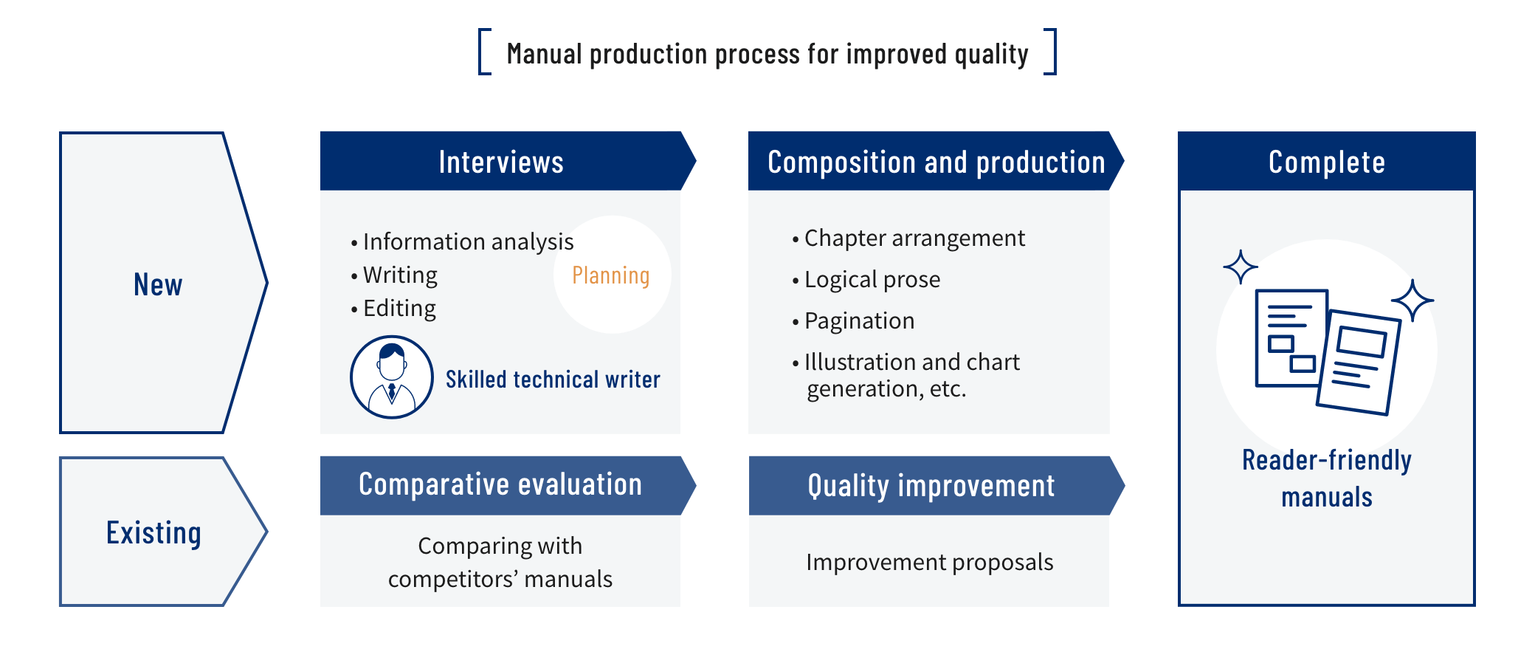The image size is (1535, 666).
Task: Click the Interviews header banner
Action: (508, 161)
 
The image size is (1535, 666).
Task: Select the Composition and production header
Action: (936, 161)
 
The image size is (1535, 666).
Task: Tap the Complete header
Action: (1326, 161)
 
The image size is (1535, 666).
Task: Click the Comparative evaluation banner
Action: (508, 485)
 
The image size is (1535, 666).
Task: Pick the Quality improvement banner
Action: (936, 485)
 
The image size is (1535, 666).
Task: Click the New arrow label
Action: (158, 284)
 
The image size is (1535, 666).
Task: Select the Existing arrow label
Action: (153, 533)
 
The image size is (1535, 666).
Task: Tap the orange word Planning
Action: (611, 275)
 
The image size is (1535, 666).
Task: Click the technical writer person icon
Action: (391, 377)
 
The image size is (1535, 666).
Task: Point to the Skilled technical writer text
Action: (553, 379)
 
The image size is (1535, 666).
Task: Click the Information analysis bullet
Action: (462, 241)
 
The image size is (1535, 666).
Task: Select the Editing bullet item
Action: (393, 308)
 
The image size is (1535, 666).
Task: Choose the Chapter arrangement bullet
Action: (908, 238)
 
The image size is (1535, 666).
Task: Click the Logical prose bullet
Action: (866, 279)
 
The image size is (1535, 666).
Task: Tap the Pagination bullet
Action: (853, 320)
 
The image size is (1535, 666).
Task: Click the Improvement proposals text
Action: (930, 562)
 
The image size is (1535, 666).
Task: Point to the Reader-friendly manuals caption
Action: (1327, 478)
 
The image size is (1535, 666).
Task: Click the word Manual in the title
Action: (545, 54)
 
